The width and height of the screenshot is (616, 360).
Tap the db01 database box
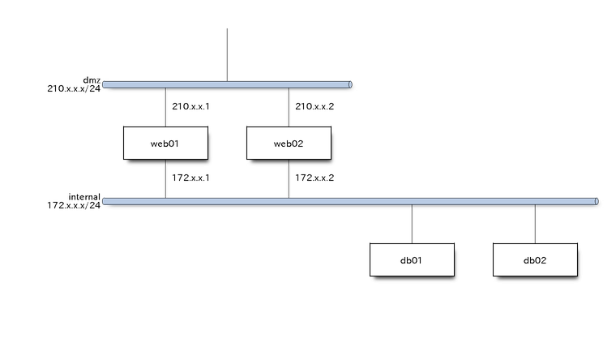pyautogui.click(x=412, y=260)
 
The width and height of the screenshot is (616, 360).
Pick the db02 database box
pyautogui.click(x=535, y=260)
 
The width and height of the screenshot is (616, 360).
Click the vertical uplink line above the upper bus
pyautogui.click(x=227, y=54)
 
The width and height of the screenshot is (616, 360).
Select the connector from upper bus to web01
pyautogui.click(x=165, y=106)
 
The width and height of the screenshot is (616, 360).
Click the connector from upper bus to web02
pyautogui.click(x=289, y=106)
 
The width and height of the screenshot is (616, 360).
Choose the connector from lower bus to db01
pyautogui.click(x=412, y=223)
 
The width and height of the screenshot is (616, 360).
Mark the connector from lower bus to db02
pyautogui.click(x=535, y=223)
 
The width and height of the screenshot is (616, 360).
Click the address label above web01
pyautogui.click(x=191, y=106)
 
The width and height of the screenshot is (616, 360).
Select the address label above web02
pyautogui.click(x=314, y=106)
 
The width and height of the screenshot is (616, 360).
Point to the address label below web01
pyautogui.click(x=191, y=178)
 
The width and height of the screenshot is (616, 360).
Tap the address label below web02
pyautogui.click(x=314, y=178)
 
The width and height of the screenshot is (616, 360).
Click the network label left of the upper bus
pyautogui.click(x=75, y=85)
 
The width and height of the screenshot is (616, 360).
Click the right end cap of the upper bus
pyautogui.click(x=350, y=84)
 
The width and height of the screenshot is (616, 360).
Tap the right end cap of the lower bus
pyautogui.click(x=597, y=200)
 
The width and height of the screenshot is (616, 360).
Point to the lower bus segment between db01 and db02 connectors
pyautogui.click(x=473, y=200)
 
